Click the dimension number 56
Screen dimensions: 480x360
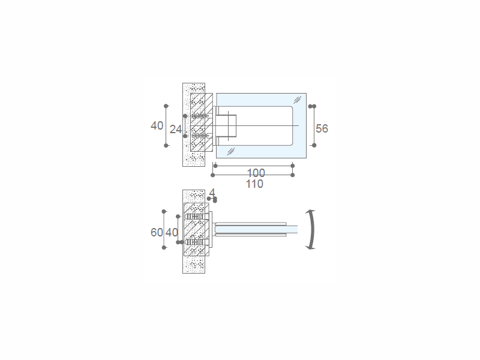coord(322,128)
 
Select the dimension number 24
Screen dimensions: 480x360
coord(175,130)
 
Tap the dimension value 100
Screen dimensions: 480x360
coord(256,173)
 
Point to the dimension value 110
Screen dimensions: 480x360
coord(254,184)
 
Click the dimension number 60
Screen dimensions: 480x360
coord(157,232)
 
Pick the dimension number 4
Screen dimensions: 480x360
coord(212,193)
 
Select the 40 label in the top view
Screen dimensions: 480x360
coord(157,126)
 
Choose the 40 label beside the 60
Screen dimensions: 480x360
coord(172,232)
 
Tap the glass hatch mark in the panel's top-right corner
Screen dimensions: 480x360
coord(297,100)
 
